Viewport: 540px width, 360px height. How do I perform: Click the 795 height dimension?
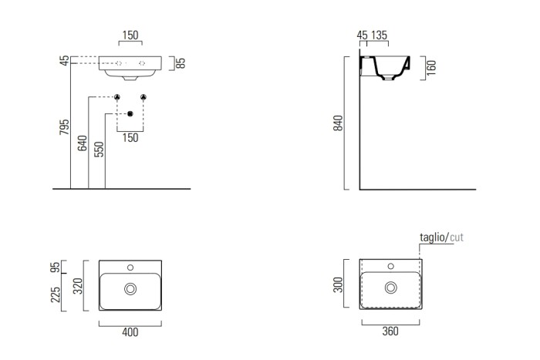[x=64, y=127]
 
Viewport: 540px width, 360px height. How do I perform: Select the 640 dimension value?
[x=83, y=143]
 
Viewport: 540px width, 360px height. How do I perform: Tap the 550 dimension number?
[x=99, y=150]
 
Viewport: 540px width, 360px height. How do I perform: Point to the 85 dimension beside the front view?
[x=181, y=63]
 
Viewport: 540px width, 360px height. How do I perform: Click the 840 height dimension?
[x=338, y=123]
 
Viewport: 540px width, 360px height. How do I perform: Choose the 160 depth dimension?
[x=431, y=68]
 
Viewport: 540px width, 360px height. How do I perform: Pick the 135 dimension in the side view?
[x=380, y=35]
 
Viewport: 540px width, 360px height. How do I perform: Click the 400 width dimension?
[x=130, y=332]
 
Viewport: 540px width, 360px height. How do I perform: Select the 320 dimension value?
[x=78, y=286]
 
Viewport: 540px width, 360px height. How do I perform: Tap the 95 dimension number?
[x=55, y=267]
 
